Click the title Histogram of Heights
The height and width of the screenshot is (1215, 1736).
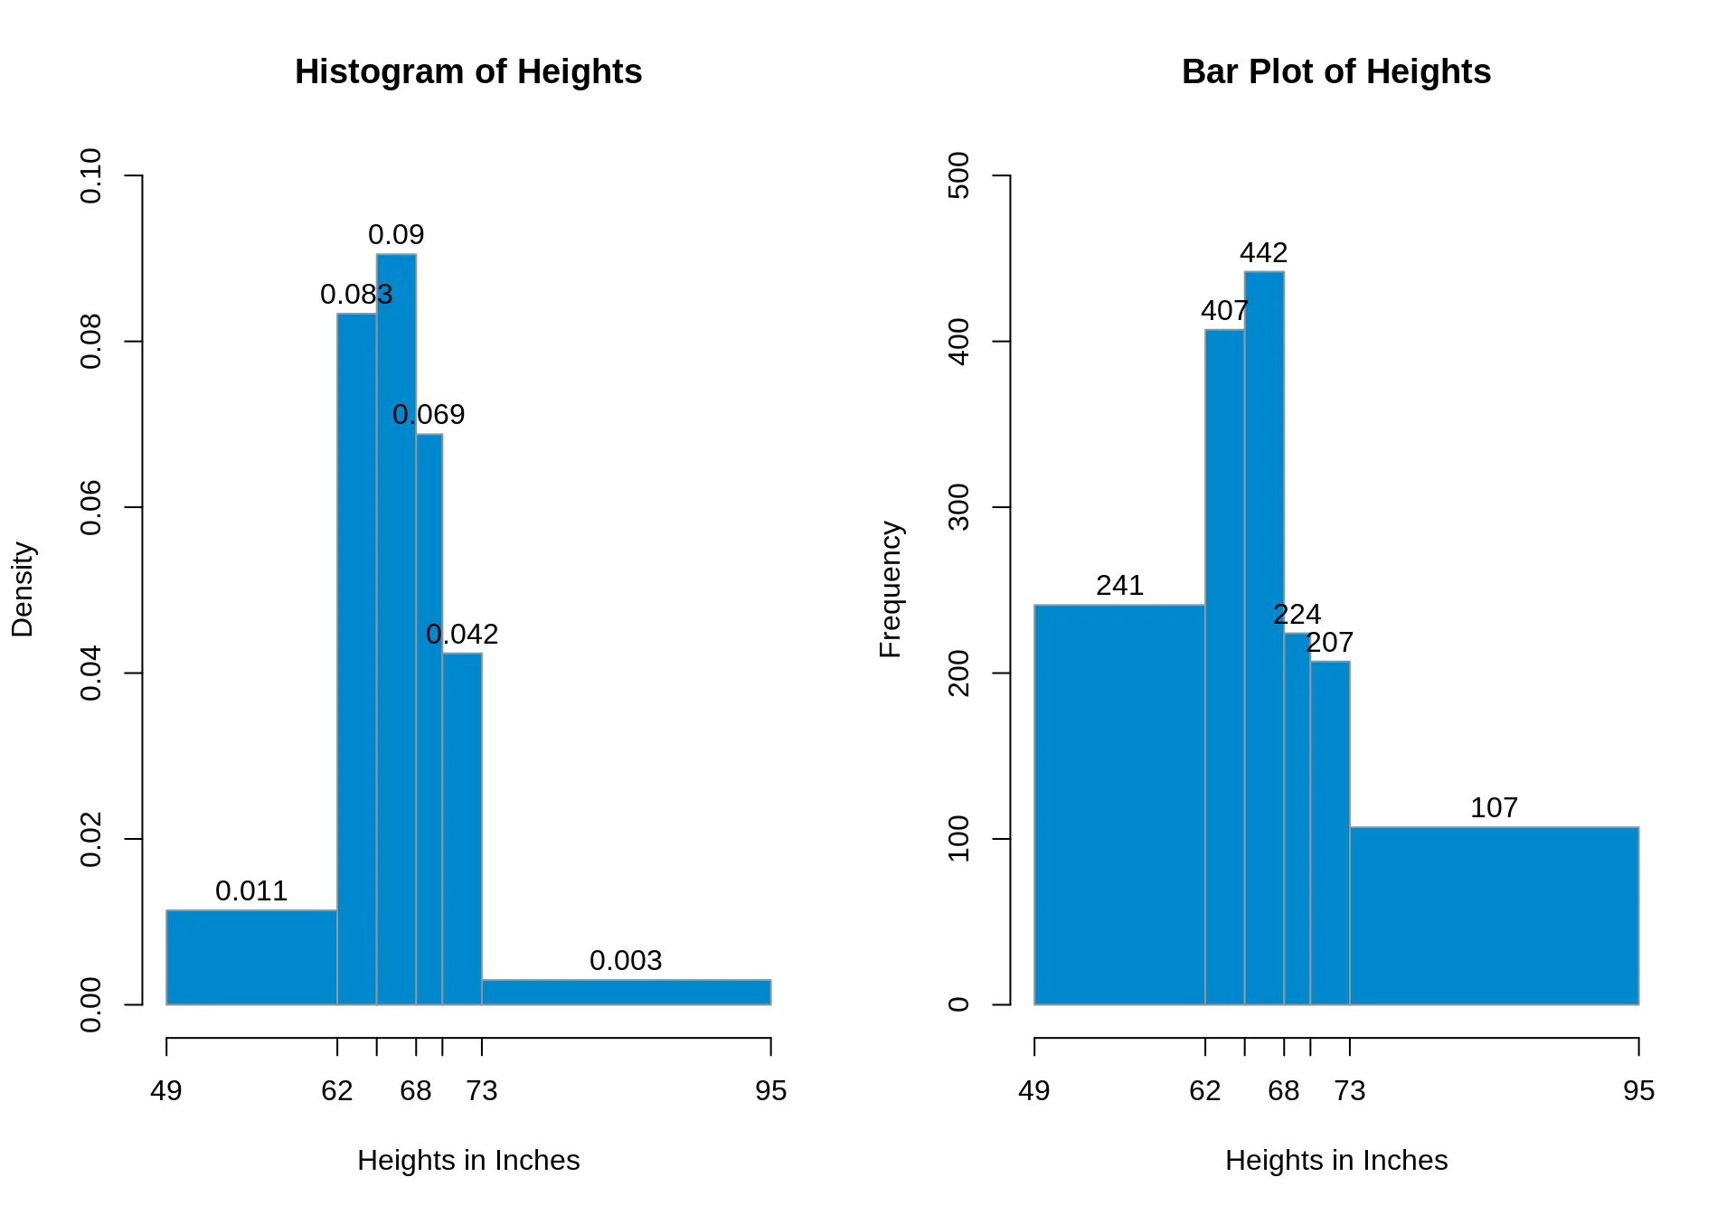pyautogui.click(x=468, y=72)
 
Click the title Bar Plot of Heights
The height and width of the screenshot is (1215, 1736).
pyautogui.click(x=1335, y=72)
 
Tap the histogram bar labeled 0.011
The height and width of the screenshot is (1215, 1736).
pyautogui.click(x=251, y=957)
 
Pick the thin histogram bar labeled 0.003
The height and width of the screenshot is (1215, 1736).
pyautogui.click(x=626, y=992)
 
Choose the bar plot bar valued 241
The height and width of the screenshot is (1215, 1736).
pyautogui.click(x=1119, y=805)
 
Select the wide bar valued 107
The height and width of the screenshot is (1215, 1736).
pyautogui.click(x=1494, y=916)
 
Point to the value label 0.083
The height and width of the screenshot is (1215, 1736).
pyautogui.click(x=356, y=295)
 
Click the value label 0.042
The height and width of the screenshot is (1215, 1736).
pyautogui.click(x=462, y=635)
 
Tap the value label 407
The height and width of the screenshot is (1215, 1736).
pyautogui.click(x=1224, y=311)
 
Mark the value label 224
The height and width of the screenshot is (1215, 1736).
pyautogui.click(x=1297, y=615)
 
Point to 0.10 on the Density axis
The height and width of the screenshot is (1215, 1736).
pyautogui.click(x=91, y=175)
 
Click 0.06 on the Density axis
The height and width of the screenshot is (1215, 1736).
pyautogui.click(x=91, y=507)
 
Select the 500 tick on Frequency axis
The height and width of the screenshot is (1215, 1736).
pyautogui.click(x=959, y=175)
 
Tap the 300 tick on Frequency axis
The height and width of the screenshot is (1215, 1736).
pyautogui.click(x=959, y=507)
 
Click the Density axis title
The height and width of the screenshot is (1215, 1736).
pyautogui.click(x=23, y=589)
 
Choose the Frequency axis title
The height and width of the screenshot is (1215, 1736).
pyautogui.click(x=891, y=589)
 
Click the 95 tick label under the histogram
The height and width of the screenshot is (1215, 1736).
pyautogui.click(x=770, y=1091)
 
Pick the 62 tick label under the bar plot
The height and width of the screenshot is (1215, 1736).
pyautogui.click(x=1204, y=1091)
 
